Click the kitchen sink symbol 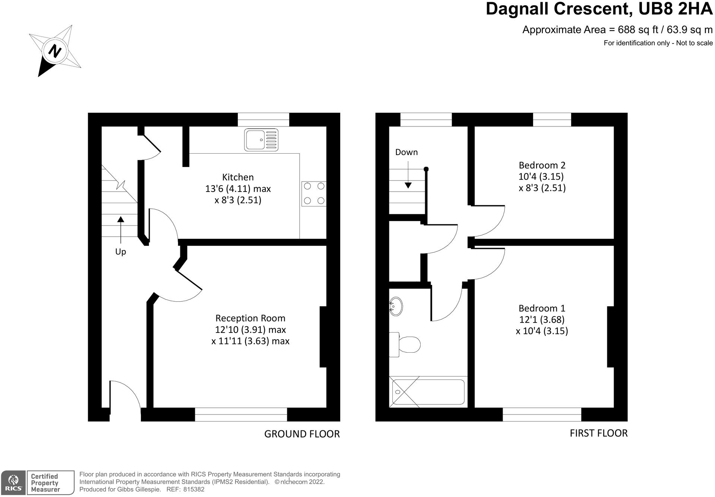click(x=261, y=140)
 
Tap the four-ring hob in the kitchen click(x=314, y=193)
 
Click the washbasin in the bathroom click(x=396, y=307)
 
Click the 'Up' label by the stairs click(x=120, y=252)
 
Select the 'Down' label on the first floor click(x=406, y=152)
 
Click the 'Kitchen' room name click(x=238, y=177)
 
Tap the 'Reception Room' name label click(x=250, y=318)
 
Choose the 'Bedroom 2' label click(x=542, y=165)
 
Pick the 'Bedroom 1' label click(x=542, y=308)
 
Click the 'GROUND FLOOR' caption click(x=302, y=434)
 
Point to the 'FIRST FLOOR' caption click(x=599, y=433)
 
